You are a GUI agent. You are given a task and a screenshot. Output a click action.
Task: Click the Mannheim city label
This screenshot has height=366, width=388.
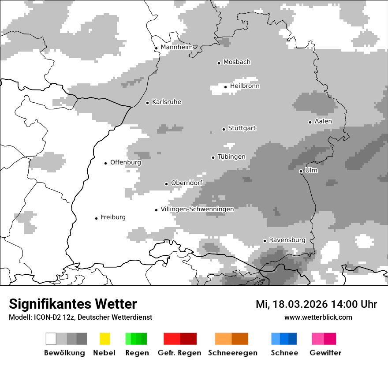pyautogui.click(x=176, y=47)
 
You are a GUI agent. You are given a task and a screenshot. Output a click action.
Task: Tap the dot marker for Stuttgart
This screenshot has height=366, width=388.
pyautogui.click(x=224, y=129)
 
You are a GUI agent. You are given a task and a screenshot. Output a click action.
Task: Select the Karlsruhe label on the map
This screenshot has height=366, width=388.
pyautogui.click(x=166, y=102)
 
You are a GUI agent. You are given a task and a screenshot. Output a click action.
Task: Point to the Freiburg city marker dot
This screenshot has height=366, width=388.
pyautogui.click(x=96, y=218)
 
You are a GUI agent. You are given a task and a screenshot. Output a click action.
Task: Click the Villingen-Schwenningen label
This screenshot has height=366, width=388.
pyautogui.click(x=197, y=209)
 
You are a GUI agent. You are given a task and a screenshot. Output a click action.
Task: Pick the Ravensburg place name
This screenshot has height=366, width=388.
pyautogui.click(x=287, y=240)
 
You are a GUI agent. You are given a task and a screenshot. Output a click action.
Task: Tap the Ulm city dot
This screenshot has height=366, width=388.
pyautogui.click(x=301, y=171)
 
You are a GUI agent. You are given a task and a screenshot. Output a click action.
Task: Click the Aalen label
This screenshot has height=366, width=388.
pyautogui.click(x=323, y=121)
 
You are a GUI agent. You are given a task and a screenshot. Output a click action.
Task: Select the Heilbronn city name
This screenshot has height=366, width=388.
pyautogui.click(x=245, y=86)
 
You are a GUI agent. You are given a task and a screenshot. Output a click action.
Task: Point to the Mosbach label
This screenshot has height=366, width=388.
pyautogui.click(x=237, y=62)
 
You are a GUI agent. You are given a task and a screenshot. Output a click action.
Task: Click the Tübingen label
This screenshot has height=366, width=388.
pyautogui.click(x=231, y=157)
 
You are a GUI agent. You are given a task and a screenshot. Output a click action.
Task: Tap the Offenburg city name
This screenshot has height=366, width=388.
pyautogui.click(x=126, y=162)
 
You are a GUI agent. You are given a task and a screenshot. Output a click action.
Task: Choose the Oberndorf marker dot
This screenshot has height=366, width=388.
pyautogui.click(x=166, y=184)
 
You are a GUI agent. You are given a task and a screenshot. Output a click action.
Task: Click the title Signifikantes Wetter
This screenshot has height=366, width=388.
pyautogui.click(x=73, y=304)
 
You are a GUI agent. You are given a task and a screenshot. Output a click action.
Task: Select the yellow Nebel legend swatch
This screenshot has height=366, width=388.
pyautogui.click(x=104, y=339)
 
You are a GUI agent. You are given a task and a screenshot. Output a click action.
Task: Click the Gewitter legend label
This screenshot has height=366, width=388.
pyautogui.click(x=325, y=353)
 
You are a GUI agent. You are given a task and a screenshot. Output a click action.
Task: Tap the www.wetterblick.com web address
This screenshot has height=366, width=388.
pyautogui.click(x=318, y=317)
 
